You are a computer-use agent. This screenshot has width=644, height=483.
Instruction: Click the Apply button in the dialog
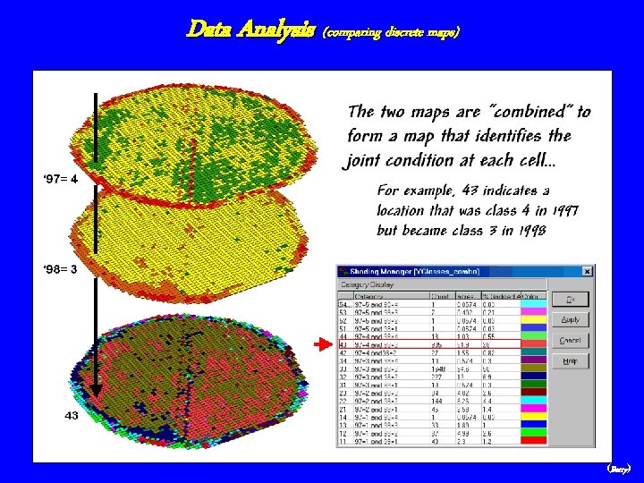pyautogui.click(x=570, y=319)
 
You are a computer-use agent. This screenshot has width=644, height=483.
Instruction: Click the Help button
pyautogui.click(x=570, y=361)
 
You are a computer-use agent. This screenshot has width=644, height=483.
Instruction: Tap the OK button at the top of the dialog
pyautogui.click(x=570, y=299)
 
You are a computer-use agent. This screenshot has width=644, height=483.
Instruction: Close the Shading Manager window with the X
pyautogui.click(x=587, y=271)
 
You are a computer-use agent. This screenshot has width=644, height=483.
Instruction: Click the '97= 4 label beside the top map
pyautogui.click(x=61, y=178)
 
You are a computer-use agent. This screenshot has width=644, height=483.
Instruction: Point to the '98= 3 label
pyautogui.click(x=61, y=268)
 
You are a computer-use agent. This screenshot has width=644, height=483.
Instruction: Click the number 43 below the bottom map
pyautogui.click(x=72, y=415)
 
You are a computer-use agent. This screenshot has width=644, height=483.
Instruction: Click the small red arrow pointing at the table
pyautogui.click(x=322, y=343)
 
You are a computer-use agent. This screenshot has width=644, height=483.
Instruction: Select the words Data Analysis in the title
pyautogui.click(x=250, y=30)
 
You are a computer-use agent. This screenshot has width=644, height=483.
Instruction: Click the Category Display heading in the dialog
pyautogui.click(x=364, y=284)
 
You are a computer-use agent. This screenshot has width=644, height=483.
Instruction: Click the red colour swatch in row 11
pyautogui.click(x=532, y=441)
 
